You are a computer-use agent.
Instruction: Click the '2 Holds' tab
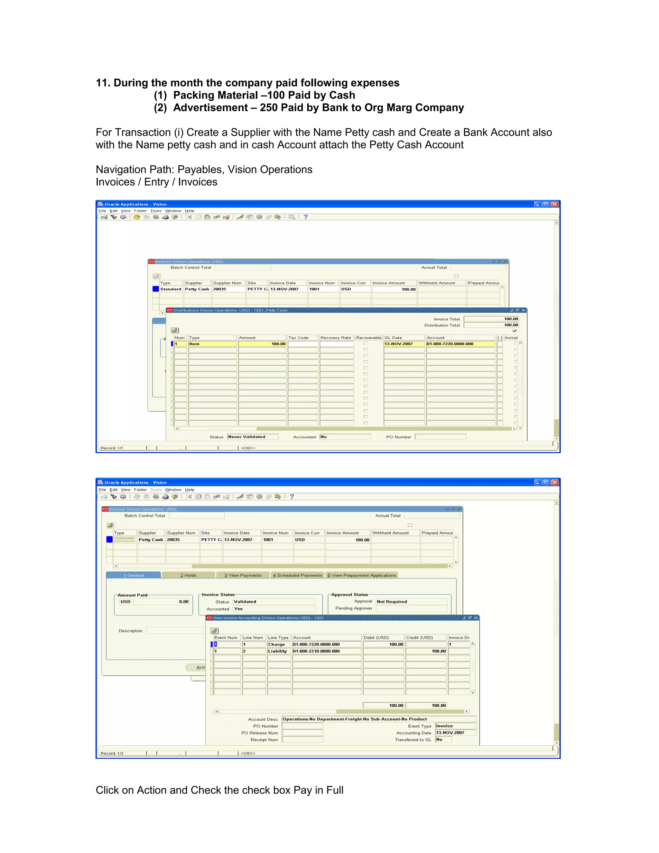188,575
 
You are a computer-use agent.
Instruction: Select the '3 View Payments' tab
243,575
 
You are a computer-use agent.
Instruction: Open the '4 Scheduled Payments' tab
298,575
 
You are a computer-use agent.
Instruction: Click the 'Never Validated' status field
253,437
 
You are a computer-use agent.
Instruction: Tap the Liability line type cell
279,651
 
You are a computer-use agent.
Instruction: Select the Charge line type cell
279,644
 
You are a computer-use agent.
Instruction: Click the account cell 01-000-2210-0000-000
326,651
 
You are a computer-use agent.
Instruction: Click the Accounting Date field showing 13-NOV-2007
455,733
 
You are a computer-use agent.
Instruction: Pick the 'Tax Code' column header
302,338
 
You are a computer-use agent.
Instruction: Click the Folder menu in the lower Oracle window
140,490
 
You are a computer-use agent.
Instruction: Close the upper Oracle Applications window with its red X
555,204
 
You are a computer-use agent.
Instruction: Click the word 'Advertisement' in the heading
210,108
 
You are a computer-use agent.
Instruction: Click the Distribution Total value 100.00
491,325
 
